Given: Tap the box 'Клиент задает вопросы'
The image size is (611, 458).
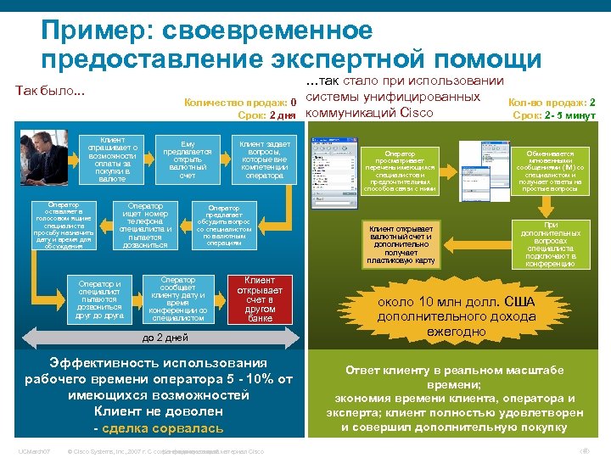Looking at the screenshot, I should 265,159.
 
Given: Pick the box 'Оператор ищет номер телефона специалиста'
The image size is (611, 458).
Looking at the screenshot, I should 145,225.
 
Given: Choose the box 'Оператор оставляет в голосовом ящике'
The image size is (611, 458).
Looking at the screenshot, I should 64,225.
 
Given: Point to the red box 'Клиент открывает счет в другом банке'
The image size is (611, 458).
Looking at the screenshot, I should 260,299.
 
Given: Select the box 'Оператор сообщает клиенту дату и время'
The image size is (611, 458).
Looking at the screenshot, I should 178,299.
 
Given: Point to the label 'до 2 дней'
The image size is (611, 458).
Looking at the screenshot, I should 165,338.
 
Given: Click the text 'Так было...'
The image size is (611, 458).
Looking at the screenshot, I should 50,91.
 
